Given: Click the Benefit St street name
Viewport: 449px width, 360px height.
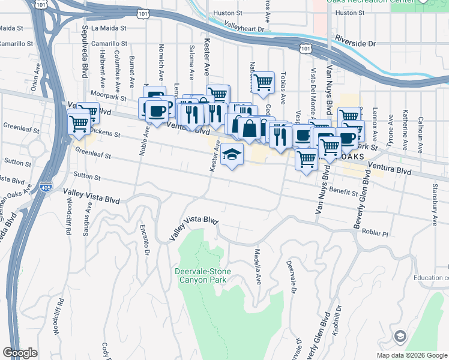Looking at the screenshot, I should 343,190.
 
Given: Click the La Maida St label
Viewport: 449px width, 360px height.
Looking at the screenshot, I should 112,28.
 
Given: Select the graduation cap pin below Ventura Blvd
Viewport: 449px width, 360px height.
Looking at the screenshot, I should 232,154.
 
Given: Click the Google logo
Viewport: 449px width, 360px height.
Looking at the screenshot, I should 20,353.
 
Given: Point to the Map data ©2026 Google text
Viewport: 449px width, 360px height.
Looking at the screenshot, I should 412,355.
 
